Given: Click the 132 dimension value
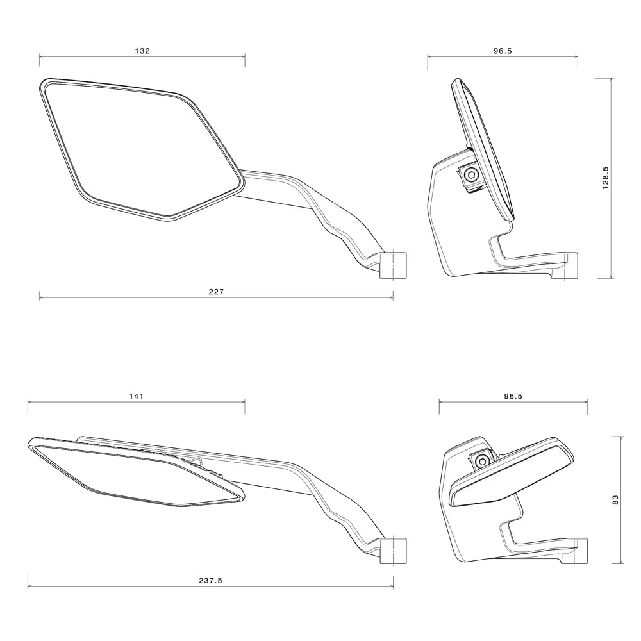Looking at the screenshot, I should (x=142, y=51).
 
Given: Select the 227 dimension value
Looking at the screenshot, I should (x=216, y=292).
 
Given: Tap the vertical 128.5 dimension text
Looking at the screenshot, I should (x=606, y=178).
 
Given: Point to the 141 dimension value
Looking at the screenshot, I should (x=136, y=396).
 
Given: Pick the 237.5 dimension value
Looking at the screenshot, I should (x=210, y=581).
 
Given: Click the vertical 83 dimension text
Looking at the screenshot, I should (x=615, y=500).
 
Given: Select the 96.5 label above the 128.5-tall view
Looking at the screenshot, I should (x=503, y=51).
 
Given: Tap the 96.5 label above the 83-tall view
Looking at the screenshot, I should (x=513, y=396).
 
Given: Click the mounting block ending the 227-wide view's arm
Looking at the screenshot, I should (x=394, y=265).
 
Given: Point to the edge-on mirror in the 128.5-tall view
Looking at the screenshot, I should (x=484, y=147).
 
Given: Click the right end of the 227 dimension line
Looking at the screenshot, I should (x=393, y=297).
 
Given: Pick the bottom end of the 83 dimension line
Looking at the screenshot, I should (x=620, y=563).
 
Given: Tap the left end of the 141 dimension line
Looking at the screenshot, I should (x=28, y=402).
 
